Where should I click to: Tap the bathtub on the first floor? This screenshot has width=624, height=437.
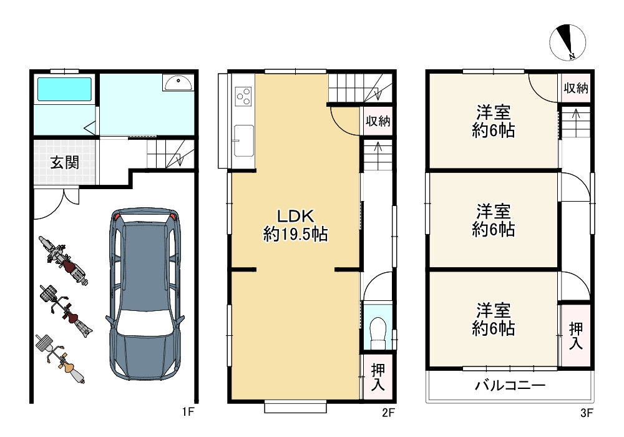tap(64, 89)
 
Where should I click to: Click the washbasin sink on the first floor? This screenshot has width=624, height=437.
tap(178, 82)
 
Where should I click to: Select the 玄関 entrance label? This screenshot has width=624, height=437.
tap(64, 164)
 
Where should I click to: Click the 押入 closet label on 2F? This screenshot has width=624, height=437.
tap(378, 376)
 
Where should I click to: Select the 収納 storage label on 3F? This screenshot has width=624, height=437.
tap(575, 88)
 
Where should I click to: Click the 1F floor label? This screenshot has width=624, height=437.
tap(189, 412)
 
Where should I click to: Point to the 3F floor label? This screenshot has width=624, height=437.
tap(586, 412)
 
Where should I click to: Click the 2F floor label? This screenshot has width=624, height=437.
tap(388, 412)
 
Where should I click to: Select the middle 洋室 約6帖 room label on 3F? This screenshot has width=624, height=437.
tap(494, 220)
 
